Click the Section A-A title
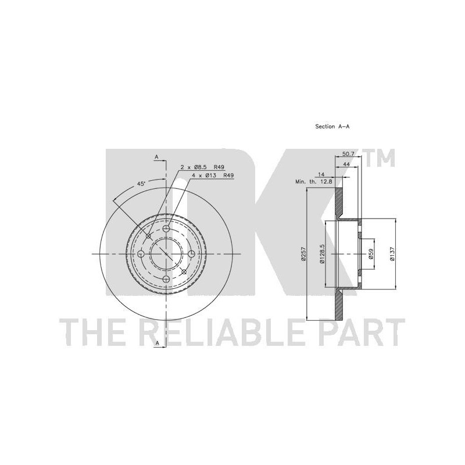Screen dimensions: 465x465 coord(332,127)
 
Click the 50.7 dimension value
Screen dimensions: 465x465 coord(348,154)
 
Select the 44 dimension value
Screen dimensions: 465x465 coord(346,164)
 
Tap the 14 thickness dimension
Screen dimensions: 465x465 coord(321,174)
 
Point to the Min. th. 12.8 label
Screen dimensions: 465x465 coord(314,182)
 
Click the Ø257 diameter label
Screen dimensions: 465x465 coord(303,255)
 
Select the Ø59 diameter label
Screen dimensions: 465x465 coord(371,254)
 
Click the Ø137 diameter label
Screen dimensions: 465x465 coord(392,254)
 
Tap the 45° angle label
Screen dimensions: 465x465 coord(141,184)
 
